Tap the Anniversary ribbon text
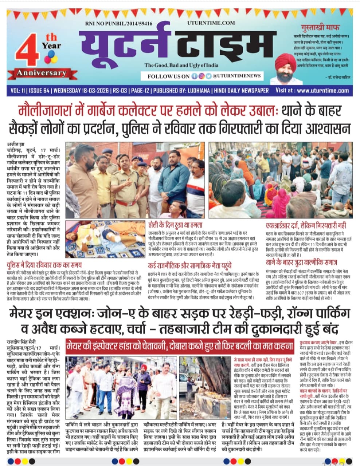[x=41, y=72]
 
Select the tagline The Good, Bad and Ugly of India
[x=181, y=65]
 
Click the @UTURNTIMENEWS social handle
[x=237, y=76]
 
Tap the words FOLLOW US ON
[x=168, y=76]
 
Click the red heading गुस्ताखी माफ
[x=320, y=27]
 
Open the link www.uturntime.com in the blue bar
[x=322, y=91]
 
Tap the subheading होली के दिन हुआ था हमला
[x=175, y=225]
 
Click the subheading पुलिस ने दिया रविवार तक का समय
[x=44, y=265]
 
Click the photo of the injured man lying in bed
[x=105, y=238]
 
